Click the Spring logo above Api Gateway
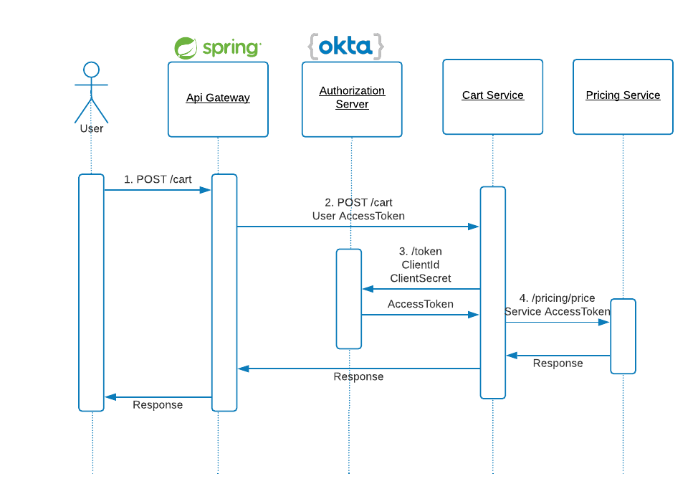click(x=218, y=47)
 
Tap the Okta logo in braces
click(x=345, y=46)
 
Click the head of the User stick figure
click(x=91, y=70)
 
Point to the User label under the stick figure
click(x=92, y=129)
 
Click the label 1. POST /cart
click(x=158, y=179)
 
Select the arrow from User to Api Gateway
click(x=158, y=190)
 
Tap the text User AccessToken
click(x=358, y=216)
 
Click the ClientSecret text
click(x=421, y=278)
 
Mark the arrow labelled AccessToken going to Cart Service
click(x=420, y=314)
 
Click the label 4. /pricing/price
click(x=558, y=298)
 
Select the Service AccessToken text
click(x=558, y=311)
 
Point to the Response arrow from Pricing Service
click(x=558, y=355)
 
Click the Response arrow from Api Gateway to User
click(x=158, y=396)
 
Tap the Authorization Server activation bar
click(x=349, y=298)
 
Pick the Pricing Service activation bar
click(x=623, y=336)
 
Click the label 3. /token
click(x=421, y=252)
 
